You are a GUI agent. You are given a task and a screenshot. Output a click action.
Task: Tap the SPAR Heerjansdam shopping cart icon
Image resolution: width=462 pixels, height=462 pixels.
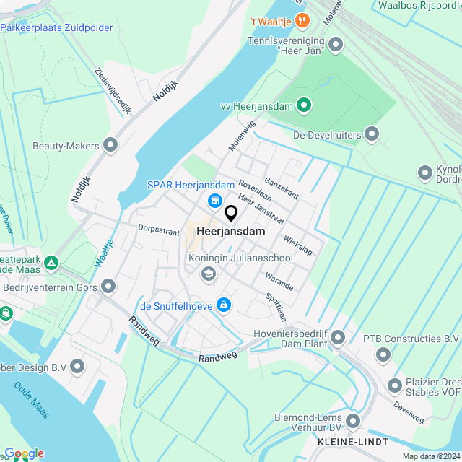(214, 200)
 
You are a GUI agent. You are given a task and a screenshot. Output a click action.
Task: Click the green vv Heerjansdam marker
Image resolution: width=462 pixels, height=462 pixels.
(305, 106)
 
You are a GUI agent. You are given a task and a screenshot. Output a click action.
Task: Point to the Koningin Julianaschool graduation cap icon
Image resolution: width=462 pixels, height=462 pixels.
(209, 273)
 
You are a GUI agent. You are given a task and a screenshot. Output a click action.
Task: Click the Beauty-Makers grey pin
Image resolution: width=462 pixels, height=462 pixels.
(110, 146)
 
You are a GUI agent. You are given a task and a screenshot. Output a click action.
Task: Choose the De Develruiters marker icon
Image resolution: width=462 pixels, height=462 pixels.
(372, 134)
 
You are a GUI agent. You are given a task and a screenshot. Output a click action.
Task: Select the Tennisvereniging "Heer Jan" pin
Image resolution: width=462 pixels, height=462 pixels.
(335, 45)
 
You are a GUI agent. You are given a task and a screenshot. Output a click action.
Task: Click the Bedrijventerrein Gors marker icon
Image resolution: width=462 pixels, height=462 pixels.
(109, 288)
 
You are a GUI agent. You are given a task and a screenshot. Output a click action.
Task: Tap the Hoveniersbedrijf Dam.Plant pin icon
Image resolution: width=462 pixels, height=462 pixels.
(337, 337)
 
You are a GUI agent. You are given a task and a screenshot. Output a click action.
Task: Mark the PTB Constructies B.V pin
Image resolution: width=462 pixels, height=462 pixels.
(383, 354)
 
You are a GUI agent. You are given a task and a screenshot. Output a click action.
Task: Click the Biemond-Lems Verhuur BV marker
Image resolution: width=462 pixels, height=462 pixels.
(353, 421)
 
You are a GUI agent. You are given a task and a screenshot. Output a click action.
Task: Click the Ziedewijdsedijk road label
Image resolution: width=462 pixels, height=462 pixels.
(113, 92)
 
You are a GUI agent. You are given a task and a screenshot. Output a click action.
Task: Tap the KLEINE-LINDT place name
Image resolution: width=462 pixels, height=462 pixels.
(352, 441)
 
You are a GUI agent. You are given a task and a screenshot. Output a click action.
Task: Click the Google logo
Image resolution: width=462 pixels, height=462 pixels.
(23, 453)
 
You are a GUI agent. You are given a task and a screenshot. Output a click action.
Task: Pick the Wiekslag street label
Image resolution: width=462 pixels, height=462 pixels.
(298, 245)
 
